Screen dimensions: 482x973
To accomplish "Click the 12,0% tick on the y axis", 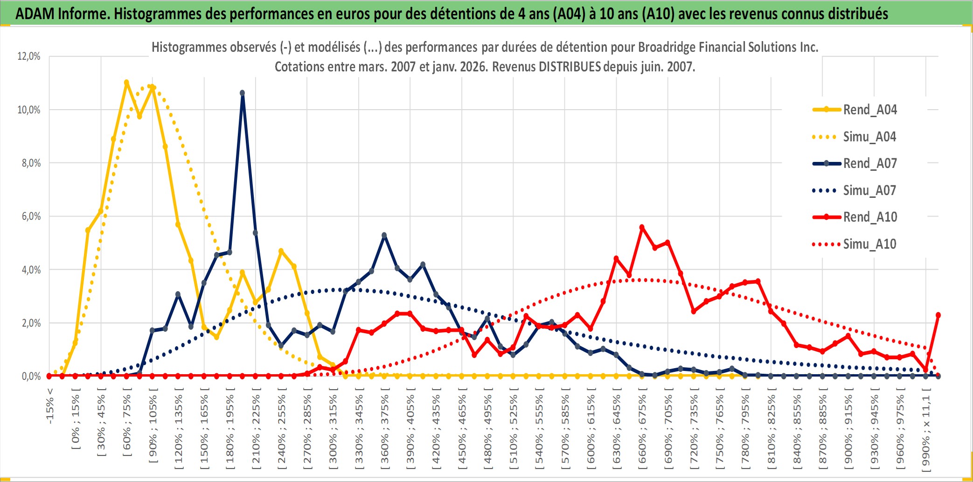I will [x=29, y=56].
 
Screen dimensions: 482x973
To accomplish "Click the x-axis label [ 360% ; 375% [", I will [x=385, y=430].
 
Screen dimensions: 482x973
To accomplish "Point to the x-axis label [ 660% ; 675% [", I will [x=642, y=430].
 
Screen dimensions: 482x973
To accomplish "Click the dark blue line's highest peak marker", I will [x=243, y=93].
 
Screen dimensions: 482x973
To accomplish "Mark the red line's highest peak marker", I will [x=642, y=228].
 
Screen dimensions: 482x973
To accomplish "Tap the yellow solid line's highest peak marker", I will [x=126, y=82].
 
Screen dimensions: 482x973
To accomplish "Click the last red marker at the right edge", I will [x=938, y=315].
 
